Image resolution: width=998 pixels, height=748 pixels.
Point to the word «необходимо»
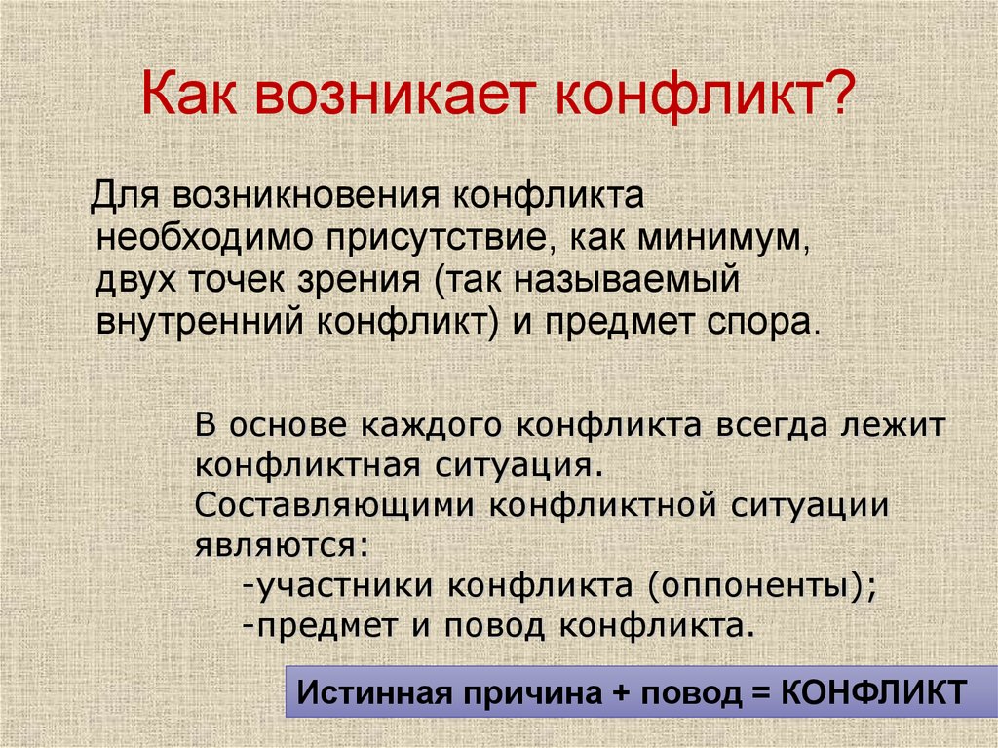coord(204,238)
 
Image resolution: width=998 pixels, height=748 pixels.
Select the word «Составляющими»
coord(333,505)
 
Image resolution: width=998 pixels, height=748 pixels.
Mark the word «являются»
coord(282,545)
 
